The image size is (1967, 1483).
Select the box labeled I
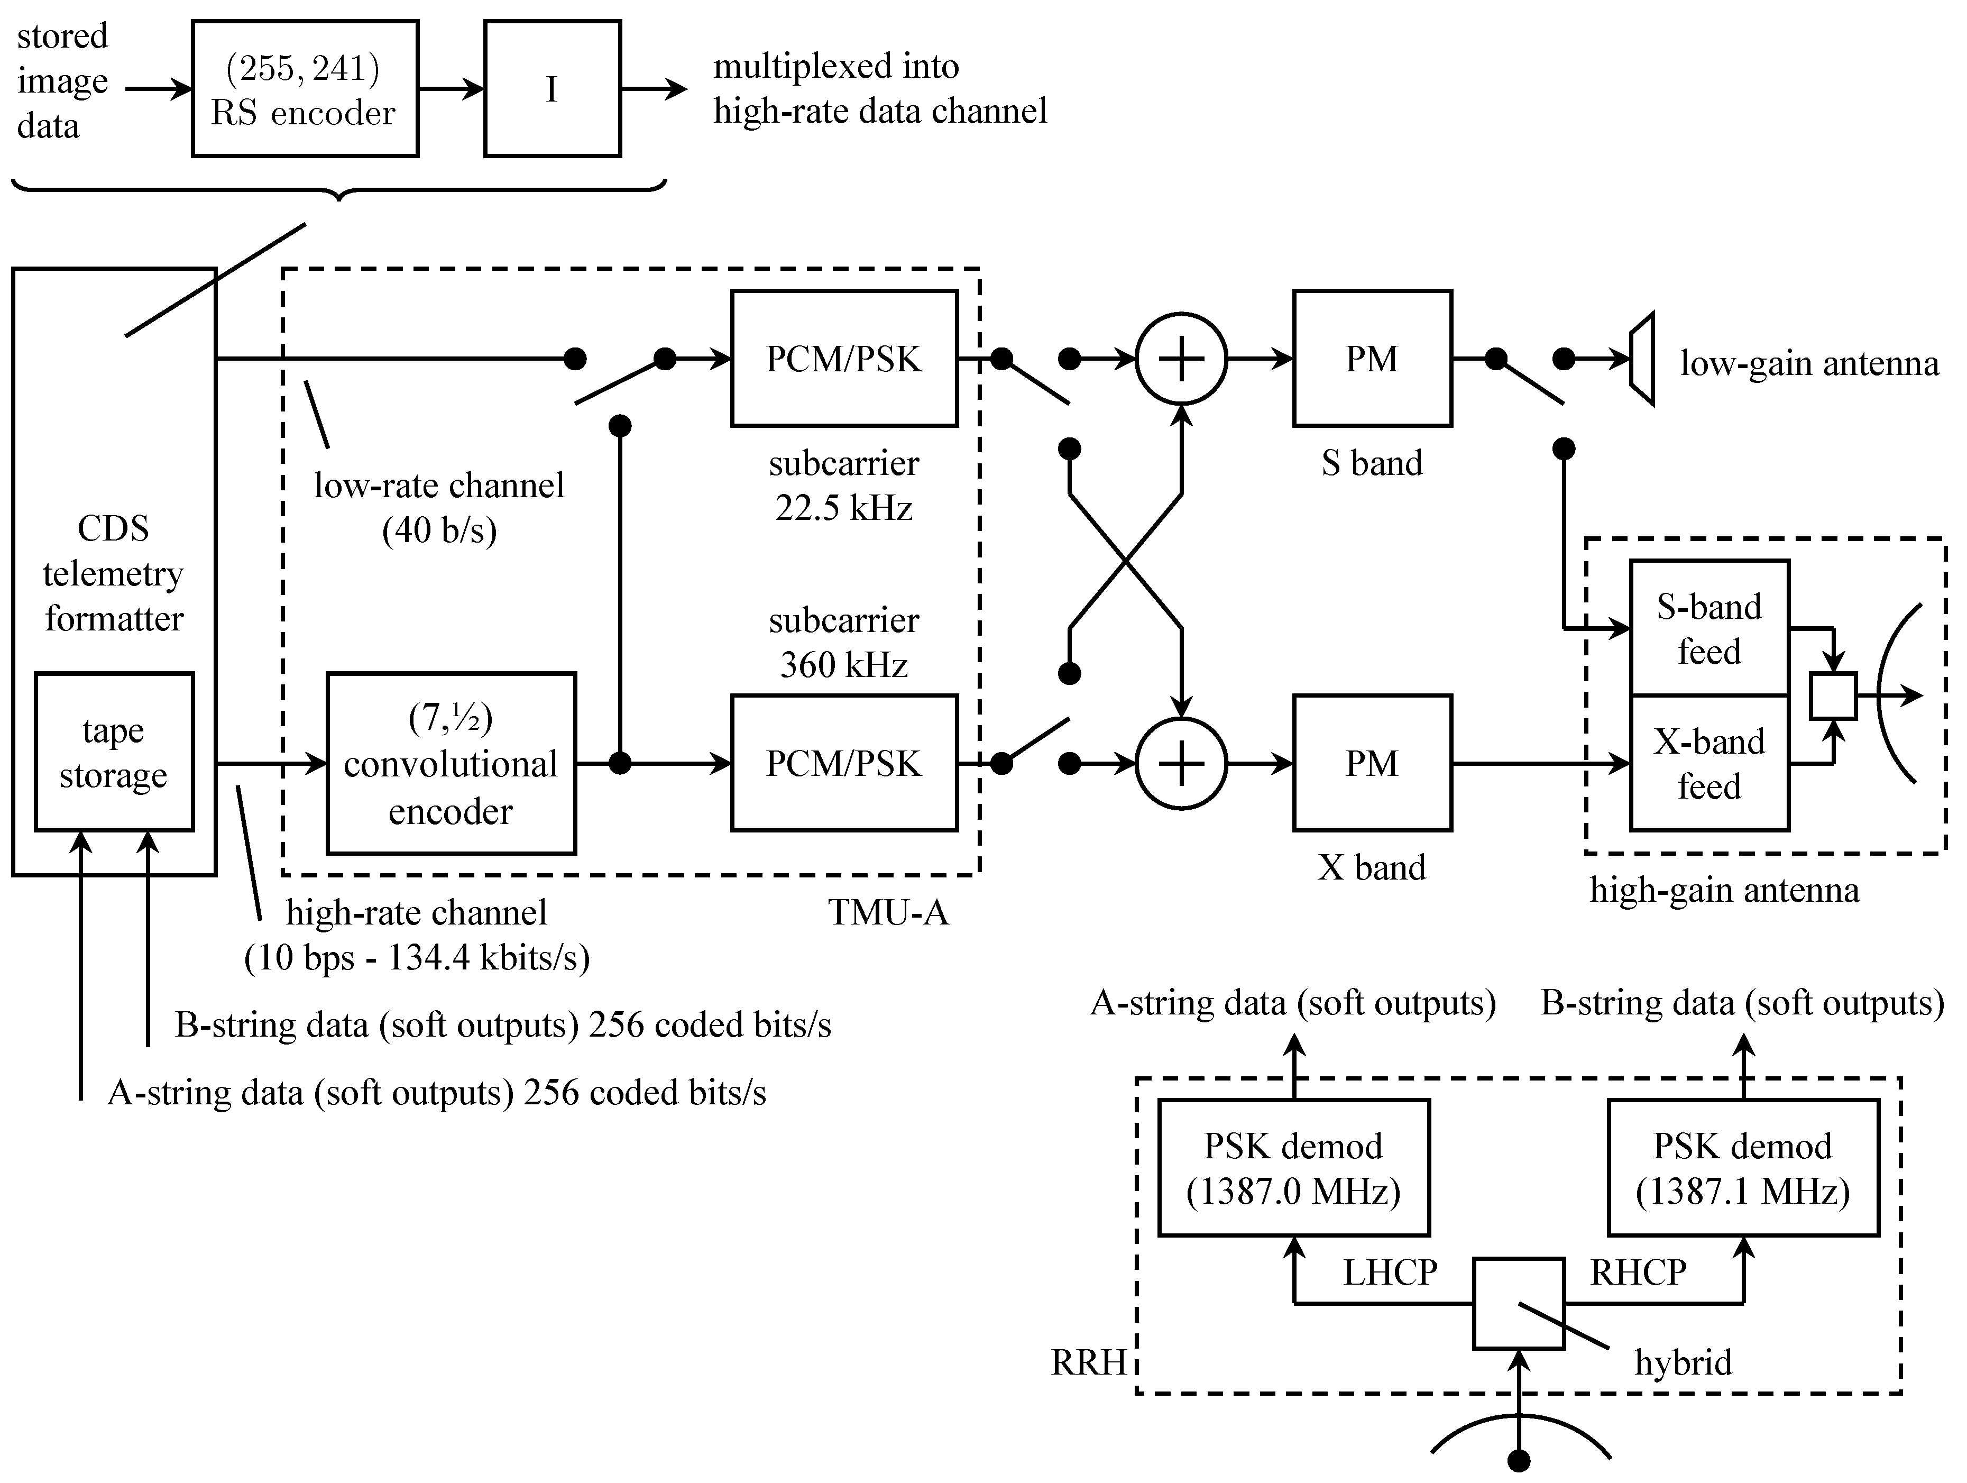click(552, 89)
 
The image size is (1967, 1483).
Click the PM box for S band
click(1372, 359)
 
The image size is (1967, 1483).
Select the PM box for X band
click(1372, 763)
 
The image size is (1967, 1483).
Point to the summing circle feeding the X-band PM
click(1181, 763)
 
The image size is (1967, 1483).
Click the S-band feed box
click(1708, 628)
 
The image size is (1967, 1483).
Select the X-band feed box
click(1708, 763)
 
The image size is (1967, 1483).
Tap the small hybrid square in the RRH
click(1518, 1303)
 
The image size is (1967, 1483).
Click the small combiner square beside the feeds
click(1833, 695)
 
